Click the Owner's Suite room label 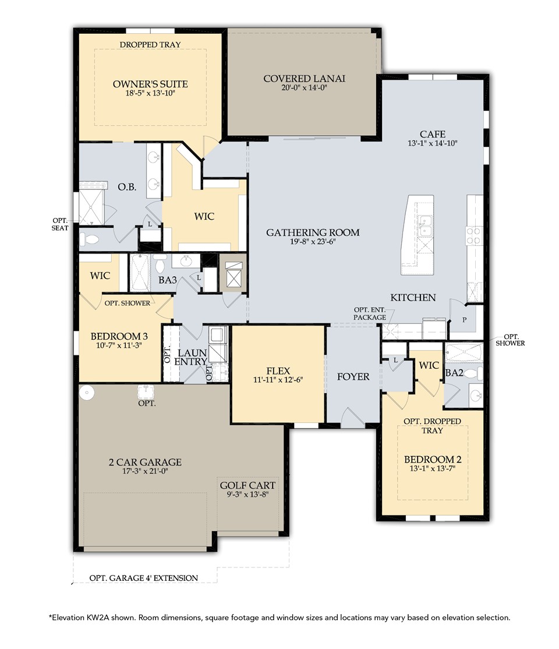[150, 84]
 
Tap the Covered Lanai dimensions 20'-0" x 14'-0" [304, 89]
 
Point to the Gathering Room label [313, 232]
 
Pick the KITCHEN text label [413, 297]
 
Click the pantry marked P [464, 320]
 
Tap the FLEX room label [278, 370]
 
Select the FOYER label [353, 377]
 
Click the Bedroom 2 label [432, 459]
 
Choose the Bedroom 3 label [119, 336]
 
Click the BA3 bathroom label [168, 280]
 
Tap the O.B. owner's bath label [127, 187]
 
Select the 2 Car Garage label [145, 462]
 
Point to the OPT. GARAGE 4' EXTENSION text [143, 578]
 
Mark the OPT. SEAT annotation [59, 224]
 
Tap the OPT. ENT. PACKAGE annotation [370, 313]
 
